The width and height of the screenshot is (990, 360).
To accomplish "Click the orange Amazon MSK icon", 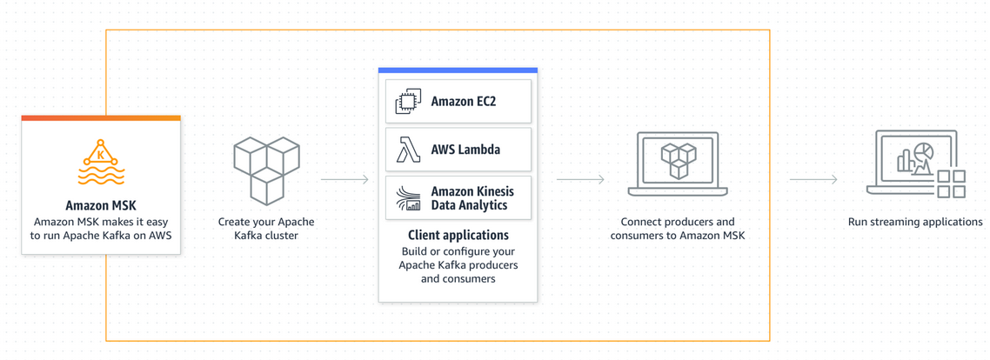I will [x=101, y=163].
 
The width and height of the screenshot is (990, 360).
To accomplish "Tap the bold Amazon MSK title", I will [x=101, y=206].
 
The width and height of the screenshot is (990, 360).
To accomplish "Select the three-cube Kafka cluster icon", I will [x=266, y=170].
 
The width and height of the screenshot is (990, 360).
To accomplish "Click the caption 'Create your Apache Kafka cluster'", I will [x=266, y=229].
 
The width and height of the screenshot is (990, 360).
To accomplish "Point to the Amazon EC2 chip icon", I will [x=408, y=101].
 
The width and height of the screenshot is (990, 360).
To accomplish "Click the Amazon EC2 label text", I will [x=463, y=102].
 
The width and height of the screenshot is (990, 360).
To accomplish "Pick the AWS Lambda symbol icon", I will [x=408, y=150].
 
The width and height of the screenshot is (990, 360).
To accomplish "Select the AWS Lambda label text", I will [x=465, y=150].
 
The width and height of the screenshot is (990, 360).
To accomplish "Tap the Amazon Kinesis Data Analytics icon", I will [x=408, y=198].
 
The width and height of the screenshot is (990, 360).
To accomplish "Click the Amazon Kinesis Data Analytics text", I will [x=472, y=198].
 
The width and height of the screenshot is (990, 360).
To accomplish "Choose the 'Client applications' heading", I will [x=458, y=235].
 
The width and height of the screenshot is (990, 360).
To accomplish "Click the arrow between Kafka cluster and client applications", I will [x=344, y=180].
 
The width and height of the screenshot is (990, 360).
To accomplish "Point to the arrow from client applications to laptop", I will [x=580, y=180].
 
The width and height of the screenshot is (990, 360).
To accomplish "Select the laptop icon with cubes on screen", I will [x=678, y=164].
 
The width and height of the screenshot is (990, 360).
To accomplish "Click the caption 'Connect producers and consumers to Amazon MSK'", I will [x=678, y=229].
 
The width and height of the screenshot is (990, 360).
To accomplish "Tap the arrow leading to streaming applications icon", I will [x=813, y=180].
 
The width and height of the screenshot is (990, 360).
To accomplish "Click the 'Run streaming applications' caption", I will [x=915, y=222].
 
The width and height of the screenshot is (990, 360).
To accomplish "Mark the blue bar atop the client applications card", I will [x=458, y=70].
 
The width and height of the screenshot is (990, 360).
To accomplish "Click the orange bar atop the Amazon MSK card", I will [x=101, y=118].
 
